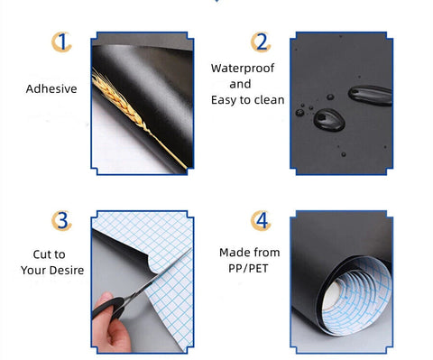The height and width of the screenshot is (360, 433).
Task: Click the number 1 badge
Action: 61,42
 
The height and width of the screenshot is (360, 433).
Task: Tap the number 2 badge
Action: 261,42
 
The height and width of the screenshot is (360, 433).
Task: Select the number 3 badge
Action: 61,221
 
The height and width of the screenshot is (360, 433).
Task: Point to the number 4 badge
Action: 261,221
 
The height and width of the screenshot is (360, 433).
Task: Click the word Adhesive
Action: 51,88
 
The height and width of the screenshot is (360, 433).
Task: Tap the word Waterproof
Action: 243,69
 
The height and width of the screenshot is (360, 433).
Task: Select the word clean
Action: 269,100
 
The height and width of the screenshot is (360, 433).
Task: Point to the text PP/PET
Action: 248,268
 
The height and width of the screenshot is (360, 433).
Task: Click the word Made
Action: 233,253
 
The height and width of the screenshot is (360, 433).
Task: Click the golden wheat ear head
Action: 119,99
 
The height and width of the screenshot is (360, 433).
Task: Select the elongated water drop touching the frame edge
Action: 370,96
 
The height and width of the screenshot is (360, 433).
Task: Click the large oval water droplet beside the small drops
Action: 329,120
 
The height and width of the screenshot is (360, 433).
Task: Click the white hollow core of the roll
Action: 331,295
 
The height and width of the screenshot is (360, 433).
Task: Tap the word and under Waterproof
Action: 240,84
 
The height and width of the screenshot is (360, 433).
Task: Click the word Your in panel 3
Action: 33,270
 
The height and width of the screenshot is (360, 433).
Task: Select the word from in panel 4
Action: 266,253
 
